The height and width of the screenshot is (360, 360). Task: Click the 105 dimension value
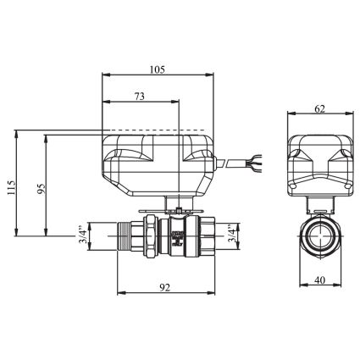click(x=158, y=69)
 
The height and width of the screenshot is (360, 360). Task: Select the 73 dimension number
click(x=139, y=97)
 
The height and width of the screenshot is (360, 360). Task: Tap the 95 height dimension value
click(x=42, y=188)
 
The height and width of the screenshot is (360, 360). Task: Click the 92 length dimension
click(x=165, y=288)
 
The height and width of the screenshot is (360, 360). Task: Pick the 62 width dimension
click(x=319, y=108)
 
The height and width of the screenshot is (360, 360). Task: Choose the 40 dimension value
click(x=320, y=280)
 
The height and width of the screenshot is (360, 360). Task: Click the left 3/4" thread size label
click(x=83, y=235)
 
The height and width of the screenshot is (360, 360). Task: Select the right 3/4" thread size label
click(x=231, y=234)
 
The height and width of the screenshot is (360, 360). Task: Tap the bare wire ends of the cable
click(x=255, y=163)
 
